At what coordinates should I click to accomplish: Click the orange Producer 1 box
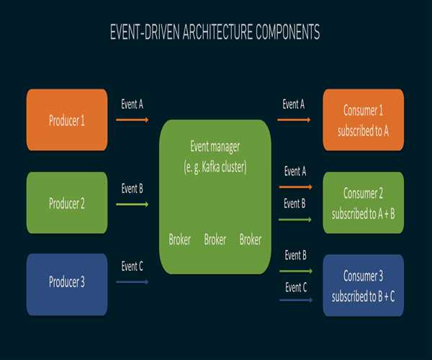point(67,120)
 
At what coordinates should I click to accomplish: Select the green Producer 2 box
point(67,203)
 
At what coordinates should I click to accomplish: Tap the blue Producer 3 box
point(67,282)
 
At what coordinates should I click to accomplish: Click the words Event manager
point(215,147)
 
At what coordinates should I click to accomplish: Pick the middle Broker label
point(215,240)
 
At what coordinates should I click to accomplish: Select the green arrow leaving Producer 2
point(132,205)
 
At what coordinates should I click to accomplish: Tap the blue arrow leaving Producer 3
point(132,282)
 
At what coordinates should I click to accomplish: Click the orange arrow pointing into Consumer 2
point(294,187)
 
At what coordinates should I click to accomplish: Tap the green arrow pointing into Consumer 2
point(294,220)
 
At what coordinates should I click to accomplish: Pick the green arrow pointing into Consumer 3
point(294,271)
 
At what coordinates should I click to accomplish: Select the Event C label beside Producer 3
point(132,266)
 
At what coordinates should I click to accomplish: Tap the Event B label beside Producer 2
point(132,189)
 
